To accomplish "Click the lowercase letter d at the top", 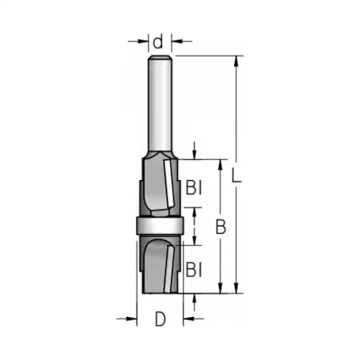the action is pyautogui.click(x=158, y=42).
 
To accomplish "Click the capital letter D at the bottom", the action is pyautogui.click(x=161, y=320).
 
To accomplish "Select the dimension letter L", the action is pyautogui.click(x=236, y=175).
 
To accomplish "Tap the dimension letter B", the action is pyautogui.click(x=221, y=227).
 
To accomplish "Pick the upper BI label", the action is pyautogui.click(x=194, y=188).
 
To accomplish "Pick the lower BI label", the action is pyautogui.click(x=194, y=270).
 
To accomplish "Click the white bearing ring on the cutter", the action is pyautogui.click(x=160, y=225).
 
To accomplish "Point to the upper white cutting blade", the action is pyautogui.click(x=170, y=184).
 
